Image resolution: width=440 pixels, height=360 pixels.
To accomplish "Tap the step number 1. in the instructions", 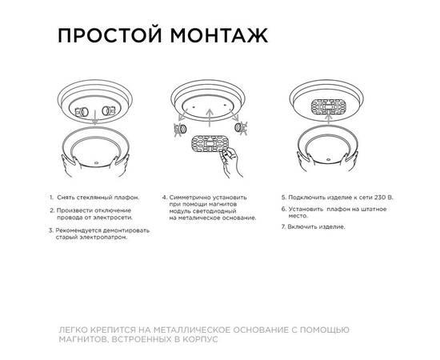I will coord(50,196).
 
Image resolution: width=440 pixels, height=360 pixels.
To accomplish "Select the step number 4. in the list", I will coord(164,196).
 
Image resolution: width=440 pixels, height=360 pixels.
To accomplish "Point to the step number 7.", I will coord(282,226).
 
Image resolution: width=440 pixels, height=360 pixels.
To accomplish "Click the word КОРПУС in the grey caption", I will coord(198,339).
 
